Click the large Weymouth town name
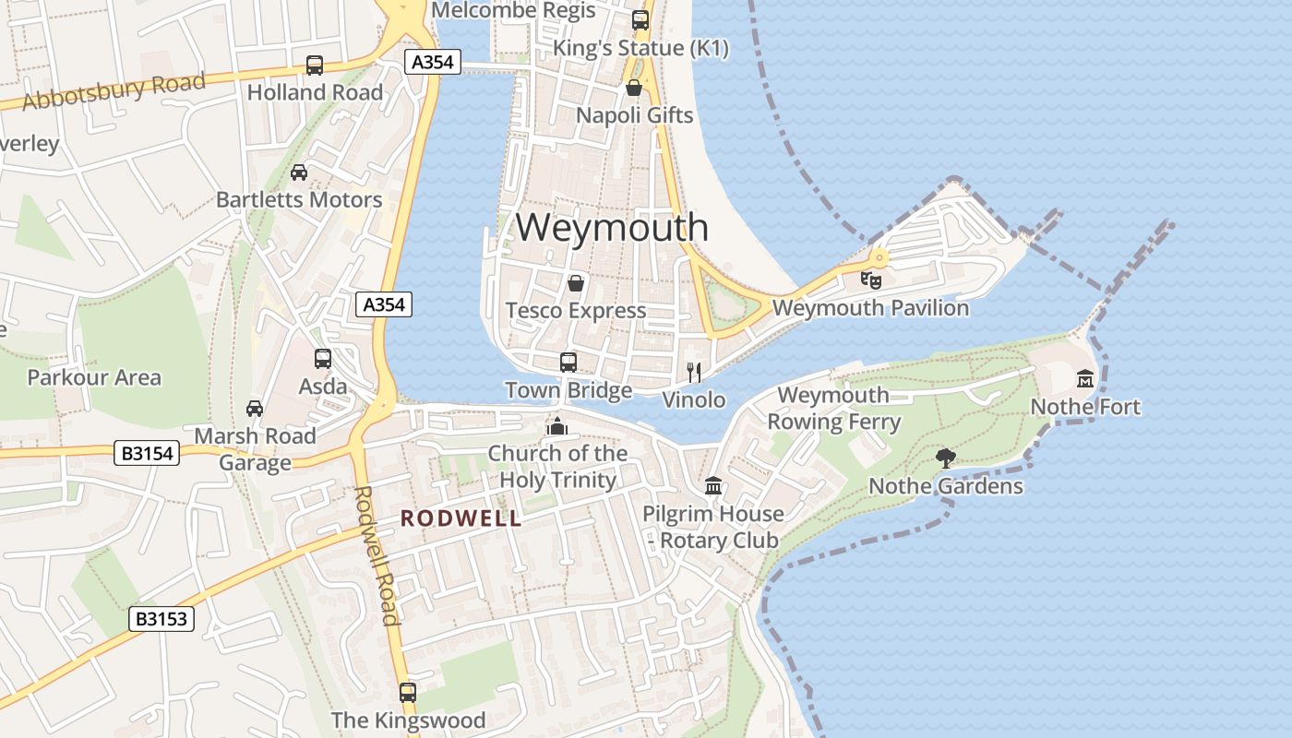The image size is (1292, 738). pyautogui.click(x=612, y=227)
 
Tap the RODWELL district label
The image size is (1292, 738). pyautogui.click(x=461, y=518)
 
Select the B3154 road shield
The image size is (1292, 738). pyautogui.click(x=146, y=453)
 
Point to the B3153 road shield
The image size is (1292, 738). pyautogui.click(x=161, y=619)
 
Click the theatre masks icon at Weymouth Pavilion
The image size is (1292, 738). pyautogui.click(x=870, y=279)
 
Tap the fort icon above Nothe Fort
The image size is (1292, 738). pyautogui.click(x=1085, y=378)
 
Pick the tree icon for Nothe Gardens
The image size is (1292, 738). pyautogui.click(x=945, y=458)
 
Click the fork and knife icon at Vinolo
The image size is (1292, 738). pyautogui.click(x=694, y=372)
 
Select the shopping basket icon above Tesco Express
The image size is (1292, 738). pyautogui.click(x=576, y=282)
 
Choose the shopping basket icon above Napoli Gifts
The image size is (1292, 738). pyautogui.click(x=634, y=88)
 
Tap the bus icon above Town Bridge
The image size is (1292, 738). pyautogui.click(x=568, y=362)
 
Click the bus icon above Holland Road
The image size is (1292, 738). pyautogui.click(x=315, y=65)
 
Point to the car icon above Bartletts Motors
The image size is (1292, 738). pyautogui.click(x=299, y=172)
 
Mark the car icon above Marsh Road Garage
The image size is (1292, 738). pyautogui.click(x=255, y=408)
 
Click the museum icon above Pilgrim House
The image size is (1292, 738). pyautogui.click(x=713, y=485)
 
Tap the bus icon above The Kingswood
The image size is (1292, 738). pyautogui.click(x=408, y=691)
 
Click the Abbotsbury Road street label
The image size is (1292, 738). pyautogui.click(x=114, y=92)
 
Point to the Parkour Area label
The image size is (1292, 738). pyautogui.click(x=94, y=377)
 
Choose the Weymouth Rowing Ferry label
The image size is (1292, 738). pyautogui.click(x=833, y=409)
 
